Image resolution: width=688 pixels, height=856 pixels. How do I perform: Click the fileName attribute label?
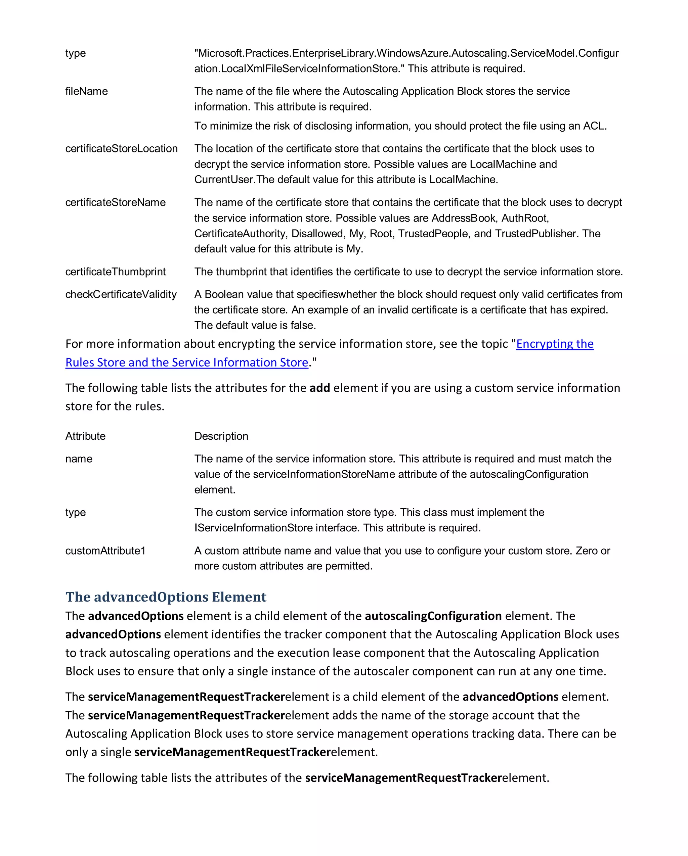[x=86, y=91]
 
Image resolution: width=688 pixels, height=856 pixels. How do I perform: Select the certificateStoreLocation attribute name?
[x=121, y=148]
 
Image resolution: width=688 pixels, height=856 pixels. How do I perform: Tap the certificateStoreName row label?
[x=115, y=202]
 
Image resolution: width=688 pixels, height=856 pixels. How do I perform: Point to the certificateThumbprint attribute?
[x=115, y=272]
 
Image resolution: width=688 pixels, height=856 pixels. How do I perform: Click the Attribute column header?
[x=85, y=436]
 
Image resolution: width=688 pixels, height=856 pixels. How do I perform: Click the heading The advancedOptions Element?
[x=166, y=597]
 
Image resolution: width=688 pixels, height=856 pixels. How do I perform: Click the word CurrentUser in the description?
[x=223, y=180]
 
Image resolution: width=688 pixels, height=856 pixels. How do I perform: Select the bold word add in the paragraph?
[x=319, y=388]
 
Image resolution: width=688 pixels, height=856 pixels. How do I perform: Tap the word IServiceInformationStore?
[x=253, y=528]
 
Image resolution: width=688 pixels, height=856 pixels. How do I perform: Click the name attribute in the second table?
[x=79, y=459]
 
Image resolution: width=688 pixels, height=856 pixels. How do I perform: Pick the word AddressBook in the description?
[x=464, y=218]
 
